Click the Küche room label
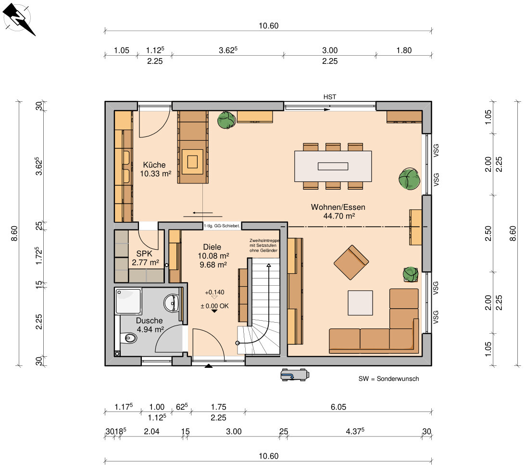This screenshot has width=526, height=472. [154, 165]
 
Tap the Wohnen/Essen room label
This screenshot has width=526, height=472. [338, 207]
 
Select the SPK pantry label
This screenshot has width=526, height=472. [144, 254]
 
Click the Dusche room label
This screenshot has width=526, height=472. [149, 321]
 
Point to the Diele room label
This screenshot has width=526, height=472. [212, 247]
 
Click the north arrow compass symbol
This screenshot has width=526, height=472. [18, 18]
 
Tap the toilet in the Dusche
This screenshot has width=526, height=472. [129, 338]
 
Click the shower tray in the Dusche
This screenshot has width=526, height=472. [128, 301]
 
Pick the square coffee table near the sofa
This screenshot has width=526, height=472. [360, 303]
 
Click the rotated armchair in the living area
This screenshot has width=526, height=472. [351, 262]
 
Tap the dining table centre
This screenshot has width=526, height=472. [333, 166]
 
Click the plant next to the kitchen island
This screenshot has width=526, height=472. [226, 120]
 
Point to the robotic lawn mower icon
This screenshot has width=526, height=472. [295, 375]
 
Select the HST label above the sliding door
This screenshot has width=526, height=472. [330, 97]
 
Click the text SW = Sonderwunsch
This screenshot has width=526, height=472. [389, 379]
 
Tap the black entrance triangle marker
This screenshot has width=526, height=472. [209, 366]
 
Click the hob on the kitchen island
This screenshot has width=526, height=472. [192, 162]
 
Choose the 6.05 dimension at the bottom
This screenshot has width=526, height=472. [338, 407]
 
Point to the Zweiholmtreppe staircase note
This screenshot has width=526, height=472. [264, 245]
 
